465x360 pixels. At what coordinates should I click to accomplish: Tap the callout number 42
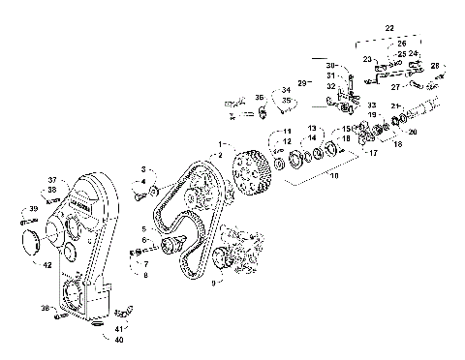46,264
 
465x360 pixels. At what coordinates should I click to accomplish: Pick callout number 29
301,84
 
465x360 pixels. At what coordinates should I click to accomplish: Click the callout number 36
260,98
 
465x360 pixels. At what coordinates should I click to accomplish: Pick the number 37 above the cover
54,179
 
